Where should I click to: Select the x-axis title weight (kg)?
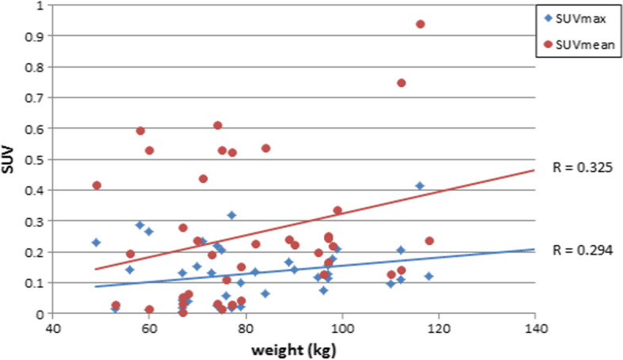coord(293,350)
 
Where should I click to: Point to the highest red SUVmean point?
coord(420,24)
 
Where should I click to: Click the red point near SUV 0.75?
coord(401,82)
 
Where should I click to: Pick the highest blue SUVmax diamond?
coord(420,186)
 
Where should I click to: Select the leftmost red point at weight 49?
coord(97,186)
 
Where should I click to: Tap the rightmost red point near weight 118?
coord(430,241)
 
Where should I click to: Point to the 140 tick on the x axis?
coord(535,326)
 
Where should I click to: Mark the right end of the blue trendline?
coord(534,249)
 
